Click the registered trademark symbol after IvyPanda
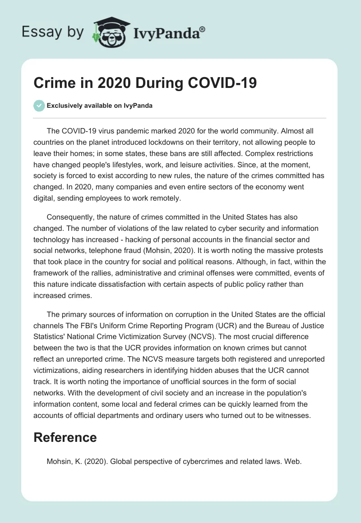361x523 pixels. (203, 29)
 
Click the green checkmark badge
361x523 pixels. (39, 106)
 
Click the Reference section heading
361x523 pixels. (65, 437)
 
